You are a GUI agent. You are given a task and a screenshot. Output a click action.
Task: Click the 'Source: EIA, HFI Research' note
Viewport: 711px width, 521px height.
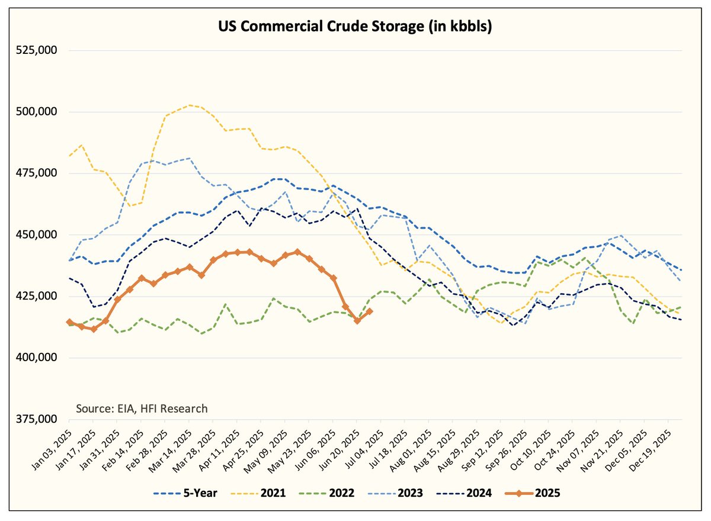142,409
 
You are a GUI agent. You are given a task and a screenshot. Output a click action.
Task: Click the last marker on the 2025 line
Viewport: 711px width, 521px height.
370,311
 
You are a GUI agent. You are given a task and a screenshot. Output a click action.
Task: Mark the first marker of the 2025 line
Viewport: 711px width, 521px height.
69,322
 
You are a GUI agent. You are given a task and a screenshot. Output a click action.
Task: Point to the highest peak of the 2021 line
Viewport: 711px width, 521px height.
189,105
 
